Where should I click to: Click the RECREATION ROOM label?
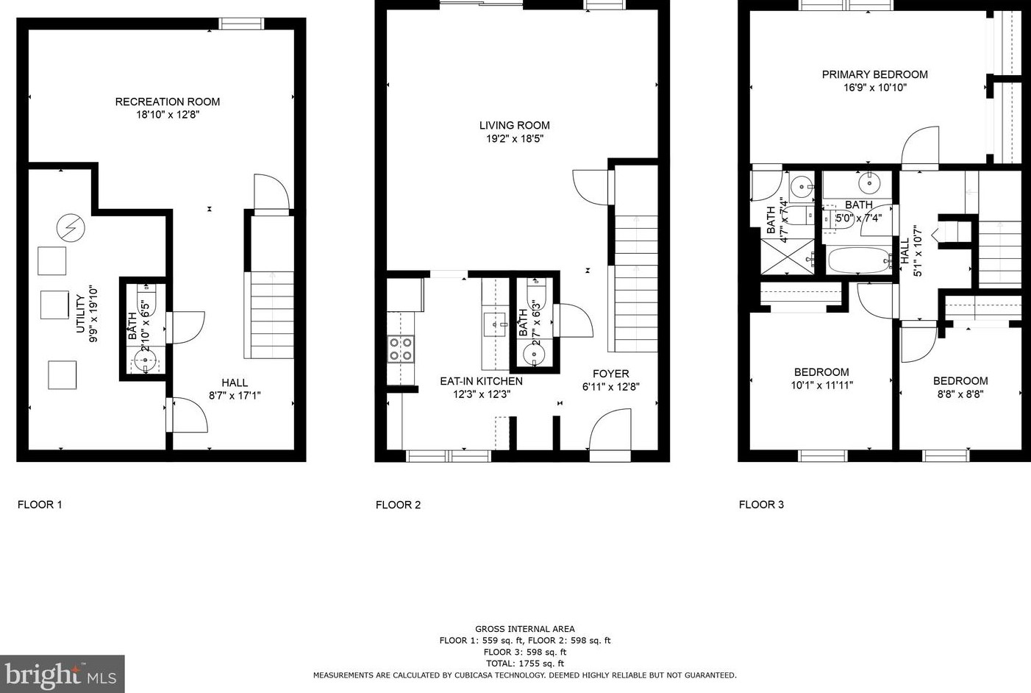click(x=168, y=102)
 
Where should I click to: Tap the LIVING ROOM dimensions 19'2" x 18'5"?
click(x=514, y=138)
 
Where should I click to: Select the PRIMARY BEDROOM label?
click(x=874, y=74)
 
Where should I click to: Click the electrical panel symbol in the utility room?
click(x=71, y=229)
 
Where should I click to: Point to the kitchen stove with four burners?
click(x=400, y=349)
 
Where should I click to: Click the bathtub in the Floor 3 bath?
click(x=859, y=260)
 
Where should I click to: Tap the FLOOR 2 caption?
click(x=398, y=505)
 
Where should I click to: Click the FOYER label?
click(x=610, y=374)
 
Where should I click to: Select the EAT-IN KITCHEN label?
click(x=481, y=381)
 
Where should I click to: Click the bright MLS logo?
click(x=62, y=674)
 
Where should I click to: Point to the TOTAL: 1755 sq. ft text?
click(x=524, y=663)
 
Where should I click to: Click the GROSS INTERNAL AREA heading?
click(x=524, y=629)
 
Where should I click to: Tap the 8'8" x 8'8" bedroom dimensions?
click(x=960, y=394)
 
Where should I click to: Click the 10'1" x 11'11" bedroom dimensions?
click(x=821, y=385)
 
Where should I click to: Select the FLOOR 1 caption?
click(x=40, y=505)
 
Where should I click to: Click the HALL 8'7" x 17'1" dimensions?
click(x=235, y=395)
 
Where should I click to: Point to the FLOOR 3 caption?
click(x=761, y=505)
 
